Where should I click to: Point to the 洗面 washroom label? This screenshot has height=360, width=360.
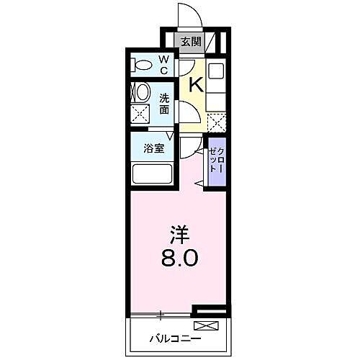tap(164, 104)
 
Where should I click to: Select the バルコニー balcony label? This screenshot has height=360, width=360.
tap(176, 336)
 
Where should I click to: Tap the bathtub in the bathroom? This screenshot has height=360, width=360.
tap(151, 174)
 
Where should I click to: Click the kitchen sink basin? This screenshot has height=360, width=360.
tap(216, 71)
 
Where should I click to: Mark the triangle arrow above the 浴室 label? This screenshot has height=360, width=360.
tap(171, 135)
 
